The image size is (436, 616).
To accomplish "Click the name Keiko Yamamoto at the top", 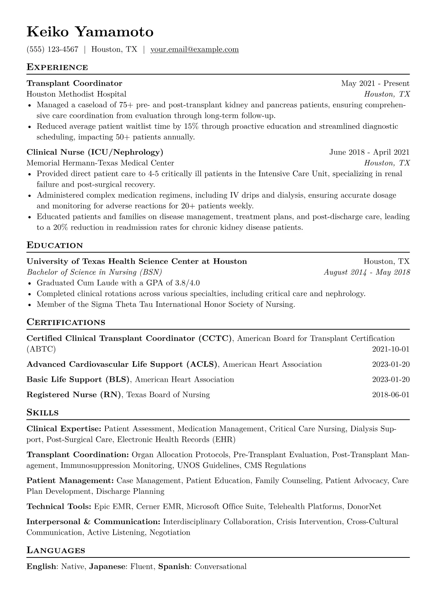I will tap(90, 32).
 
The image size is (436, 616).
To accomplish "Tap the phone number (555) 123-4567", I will tap(52, 49).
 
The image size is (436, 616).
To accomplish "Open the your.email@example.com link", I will tap(195, 49).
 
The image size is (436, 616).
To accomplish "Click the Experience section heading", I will tap(57, 67).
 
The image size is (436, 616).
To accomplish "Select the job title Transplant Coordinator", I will tap(74, 83).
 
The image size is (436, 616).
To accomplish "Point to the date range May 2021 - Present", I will tap(375, 83).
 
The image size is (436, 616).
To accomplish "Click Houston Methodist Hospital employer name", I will tap(76, 94).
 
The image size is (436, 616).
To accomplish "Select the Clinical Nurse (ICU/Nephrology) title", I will tap(95, 152).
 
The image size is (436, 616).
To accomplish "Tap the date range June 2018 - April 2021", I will tap(369, 152).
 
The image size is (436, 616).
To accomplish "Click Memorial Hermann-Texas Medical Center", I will tap(100, 163).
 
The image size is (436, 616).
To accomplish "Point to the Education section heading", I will tap(55, 245).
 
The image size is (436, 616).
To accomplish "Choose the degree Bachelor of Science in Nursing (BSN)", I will tap(94, 272).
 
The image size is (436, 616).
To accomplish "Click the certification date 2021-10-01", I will tap(391, 349).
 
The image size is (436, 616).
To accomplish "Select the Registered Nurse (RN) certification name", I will tap(74, 395).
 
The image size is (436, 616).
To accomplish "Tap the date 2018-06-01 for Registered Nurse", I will tap(391, 395).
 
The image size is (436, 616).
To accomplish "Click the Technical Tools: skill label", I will tap(59, 507).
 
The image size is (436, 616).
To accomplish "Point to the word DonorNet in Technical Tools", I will tap(364, 507).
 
